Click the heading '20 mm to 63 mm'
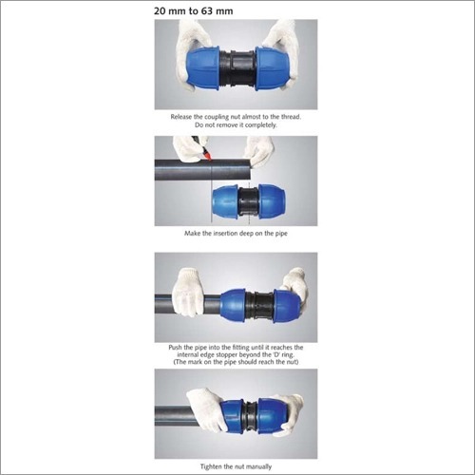(193, 11)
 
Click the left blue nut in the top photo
(202, 68)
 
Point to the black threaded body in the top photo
(237, 68)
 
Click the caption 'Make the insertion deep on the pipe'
(236, 234)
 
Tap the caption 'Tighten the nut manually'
(236, 466)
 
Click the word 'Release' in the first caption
(181, 117)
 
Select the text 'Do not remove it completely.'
(236, 125)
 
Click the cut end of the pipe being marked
(250, 169)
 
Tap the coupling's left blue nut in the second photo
(225, 201)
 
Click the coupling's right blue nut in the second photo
(272, 201)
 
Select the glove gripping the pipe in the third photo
(187, 292)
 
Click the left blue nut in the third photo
(233, 305)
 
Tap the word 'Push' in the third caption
(175, 348)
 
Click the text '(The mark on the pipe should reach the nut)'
(236, 362)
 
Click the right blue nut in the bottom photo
(271, 415)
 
